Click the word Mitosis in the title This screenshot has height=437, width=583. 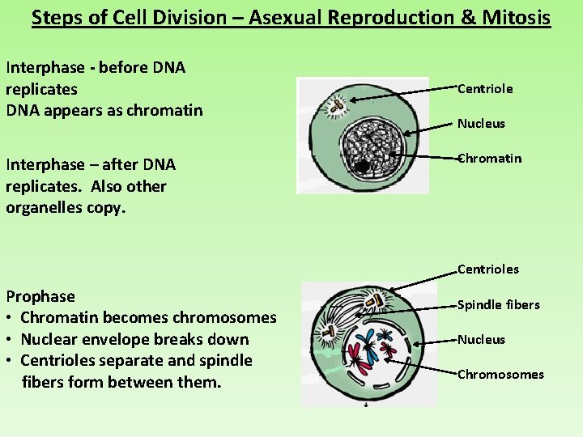pyautogui.click(x=515, y=17)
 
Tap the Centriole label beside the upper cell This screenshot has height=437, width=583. pyautogui.click(x=485, y=89)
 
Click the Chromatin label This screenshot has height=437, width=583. pyautogui.click(x=489, y=159)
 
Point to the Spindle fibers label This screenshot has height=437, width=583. pyautogui.click(x=498, y=305)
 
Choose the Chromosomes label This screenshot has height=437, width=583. pyautogui.click(x=500, y=375)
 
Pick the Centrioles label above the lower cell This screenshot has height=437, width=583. pyautogui.click(x=487, y=269)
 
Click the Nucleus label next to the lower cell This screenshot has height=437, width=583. pyautogui.click(x=481, y=340)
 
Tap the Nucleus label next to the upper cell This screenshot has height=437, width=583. pyautogui.click(x=481, y=124)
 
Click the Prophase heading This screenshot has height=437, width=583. pyautogui.click(x=40, y=297)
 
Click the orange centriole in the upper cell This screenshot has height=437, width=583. pyautogui.click(x=334, y=104)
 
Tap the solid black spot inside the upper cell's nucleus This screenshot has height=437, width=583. pyautogui.click(x=363, y=167)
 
